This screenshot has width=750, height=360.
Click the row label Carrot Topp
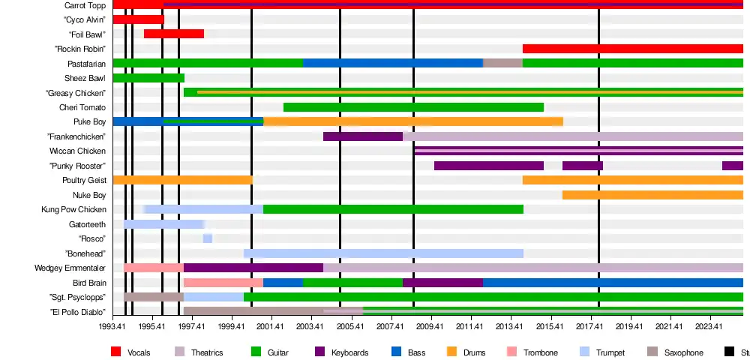85,5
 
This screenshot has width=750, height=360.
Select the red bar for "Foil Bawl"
174,34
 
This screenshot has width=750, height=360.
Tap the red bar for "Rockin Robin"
632,49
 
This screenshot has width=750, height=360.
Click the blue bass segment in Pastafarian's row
392,63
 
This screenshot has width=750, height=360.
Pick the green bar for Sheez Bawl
148,78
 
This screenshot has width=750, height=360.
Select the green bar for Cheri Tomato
413,107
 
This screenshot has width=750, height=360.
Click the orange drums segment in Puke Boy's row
413,121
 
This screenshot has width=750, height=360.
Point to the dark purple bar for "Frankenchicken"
363,136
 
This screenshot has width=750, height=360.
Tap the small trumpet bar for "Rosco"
208,238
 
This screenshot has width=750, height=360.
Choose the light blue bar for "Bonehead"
383,253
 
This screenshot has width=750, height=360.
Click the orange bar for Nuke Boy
652,195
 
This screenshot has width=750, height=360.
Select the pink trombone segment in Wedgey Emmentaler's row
154,268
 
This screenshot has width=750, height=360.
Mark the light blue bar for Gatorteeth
163,224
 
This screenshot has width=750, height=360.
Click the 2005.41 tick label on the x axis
350,326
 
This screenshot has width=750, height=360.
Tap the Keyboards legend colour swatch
319,352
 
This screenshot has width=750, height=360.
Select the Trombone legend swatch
512,352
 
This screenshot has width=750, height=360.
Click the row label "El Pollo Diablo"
77,312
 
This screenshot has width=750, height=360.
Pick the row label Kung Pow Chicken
73,209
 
